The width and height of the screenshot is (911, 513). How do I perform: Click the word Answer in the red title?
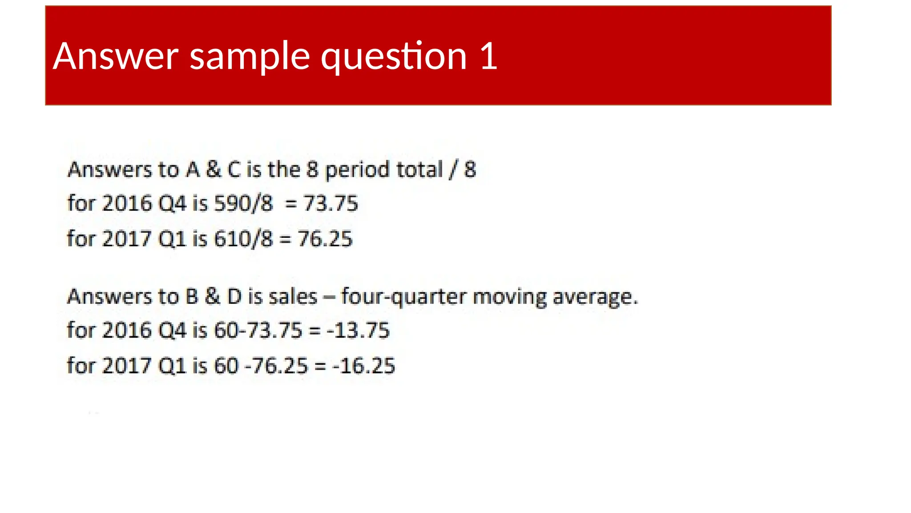[x=116, y=56]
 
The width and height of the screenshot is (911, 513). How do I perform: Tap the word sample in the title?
[x=250, y=57]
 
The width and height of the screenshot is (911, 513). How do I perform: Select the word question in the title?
[x=394, y=57]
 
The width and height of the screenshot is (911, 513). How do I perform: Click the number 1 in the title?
[x=489, y=56]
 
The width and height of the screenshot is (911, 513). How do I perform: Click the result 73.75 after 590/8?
[x=331, y=204]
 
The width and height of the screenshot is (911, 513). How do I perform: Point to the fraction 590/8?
[x=243, y=204]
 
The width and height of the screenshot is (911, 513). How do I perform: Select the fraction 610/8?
[x=243, y=239]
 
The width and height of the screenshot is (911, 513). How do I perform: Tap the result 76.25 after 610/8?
[x=325, y=239]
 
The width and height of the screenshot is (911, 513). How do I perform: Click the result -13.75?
[x=358, y=330]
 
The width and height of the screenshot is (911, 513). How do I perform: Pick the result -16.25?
[x=363, y=366]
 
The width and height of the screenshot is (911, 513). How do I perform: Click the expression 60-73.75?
[x=258, y=330]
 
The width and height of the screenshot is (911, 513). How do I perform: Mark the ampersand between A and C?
[x=214, y=170]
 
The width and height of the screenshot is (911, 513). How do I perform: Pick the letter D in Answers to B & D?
[x=234, y=297]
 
